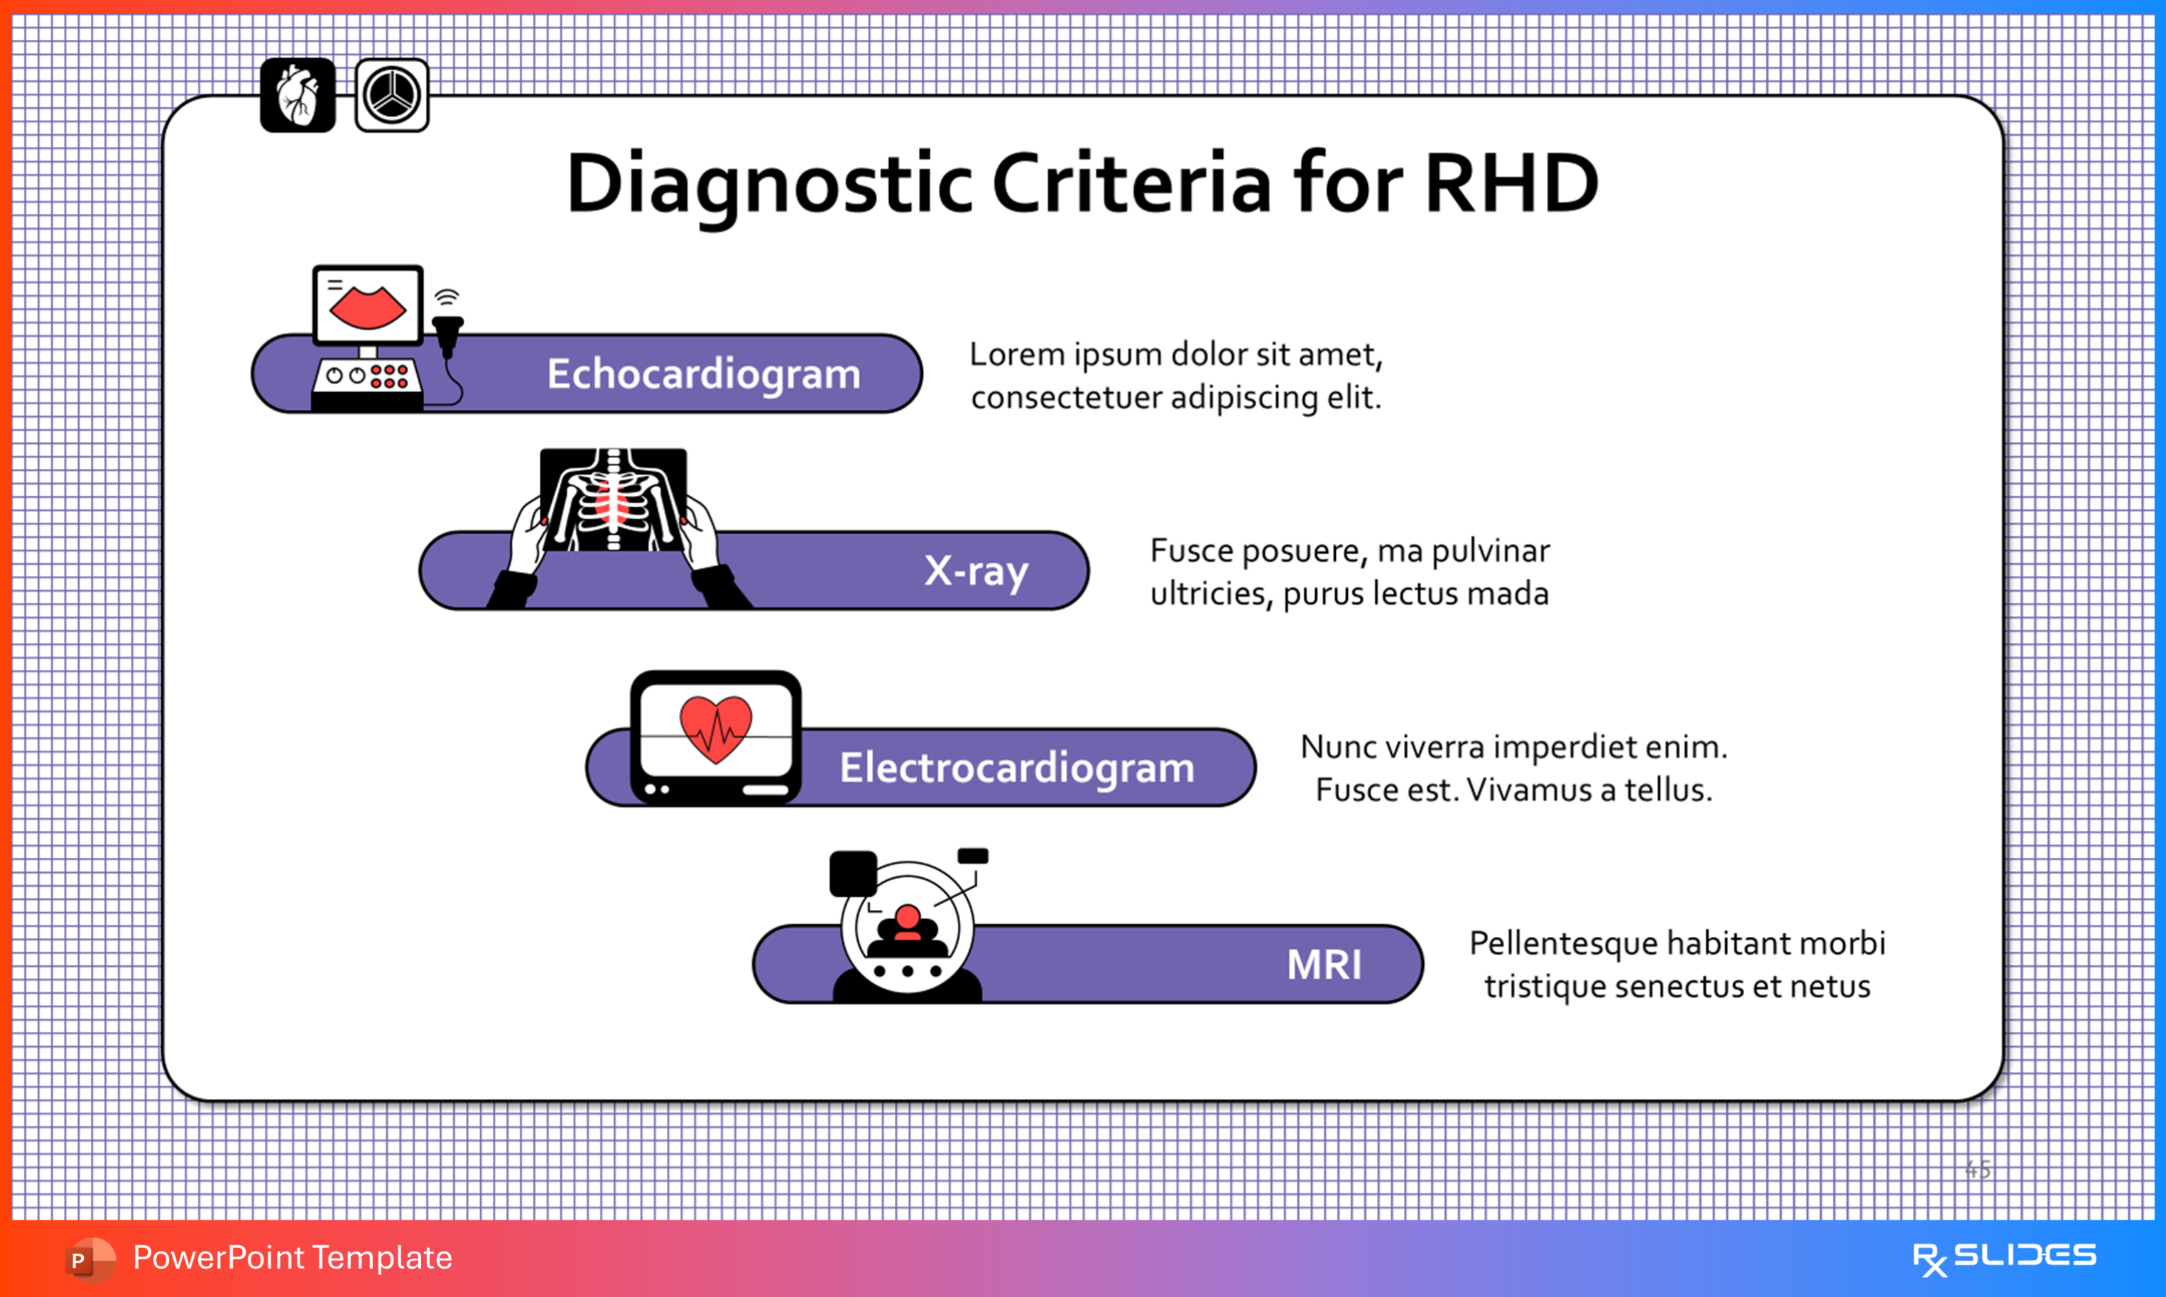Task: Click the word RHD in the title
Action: (1511, 183)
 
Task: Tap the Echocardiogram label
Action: (703, 374)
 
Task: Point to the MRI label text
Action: (1324, 965)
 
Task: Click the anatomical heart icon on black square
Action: (297, 95)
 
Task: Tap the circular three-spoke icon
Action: (391, 95)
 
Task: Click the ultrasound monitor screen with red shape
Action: (368, 306)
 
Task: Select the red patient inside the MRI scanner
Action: (908, 922)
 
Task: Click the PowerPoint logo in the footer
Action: (89, 1259)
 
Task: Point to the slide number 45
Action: (1977, 1168)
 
